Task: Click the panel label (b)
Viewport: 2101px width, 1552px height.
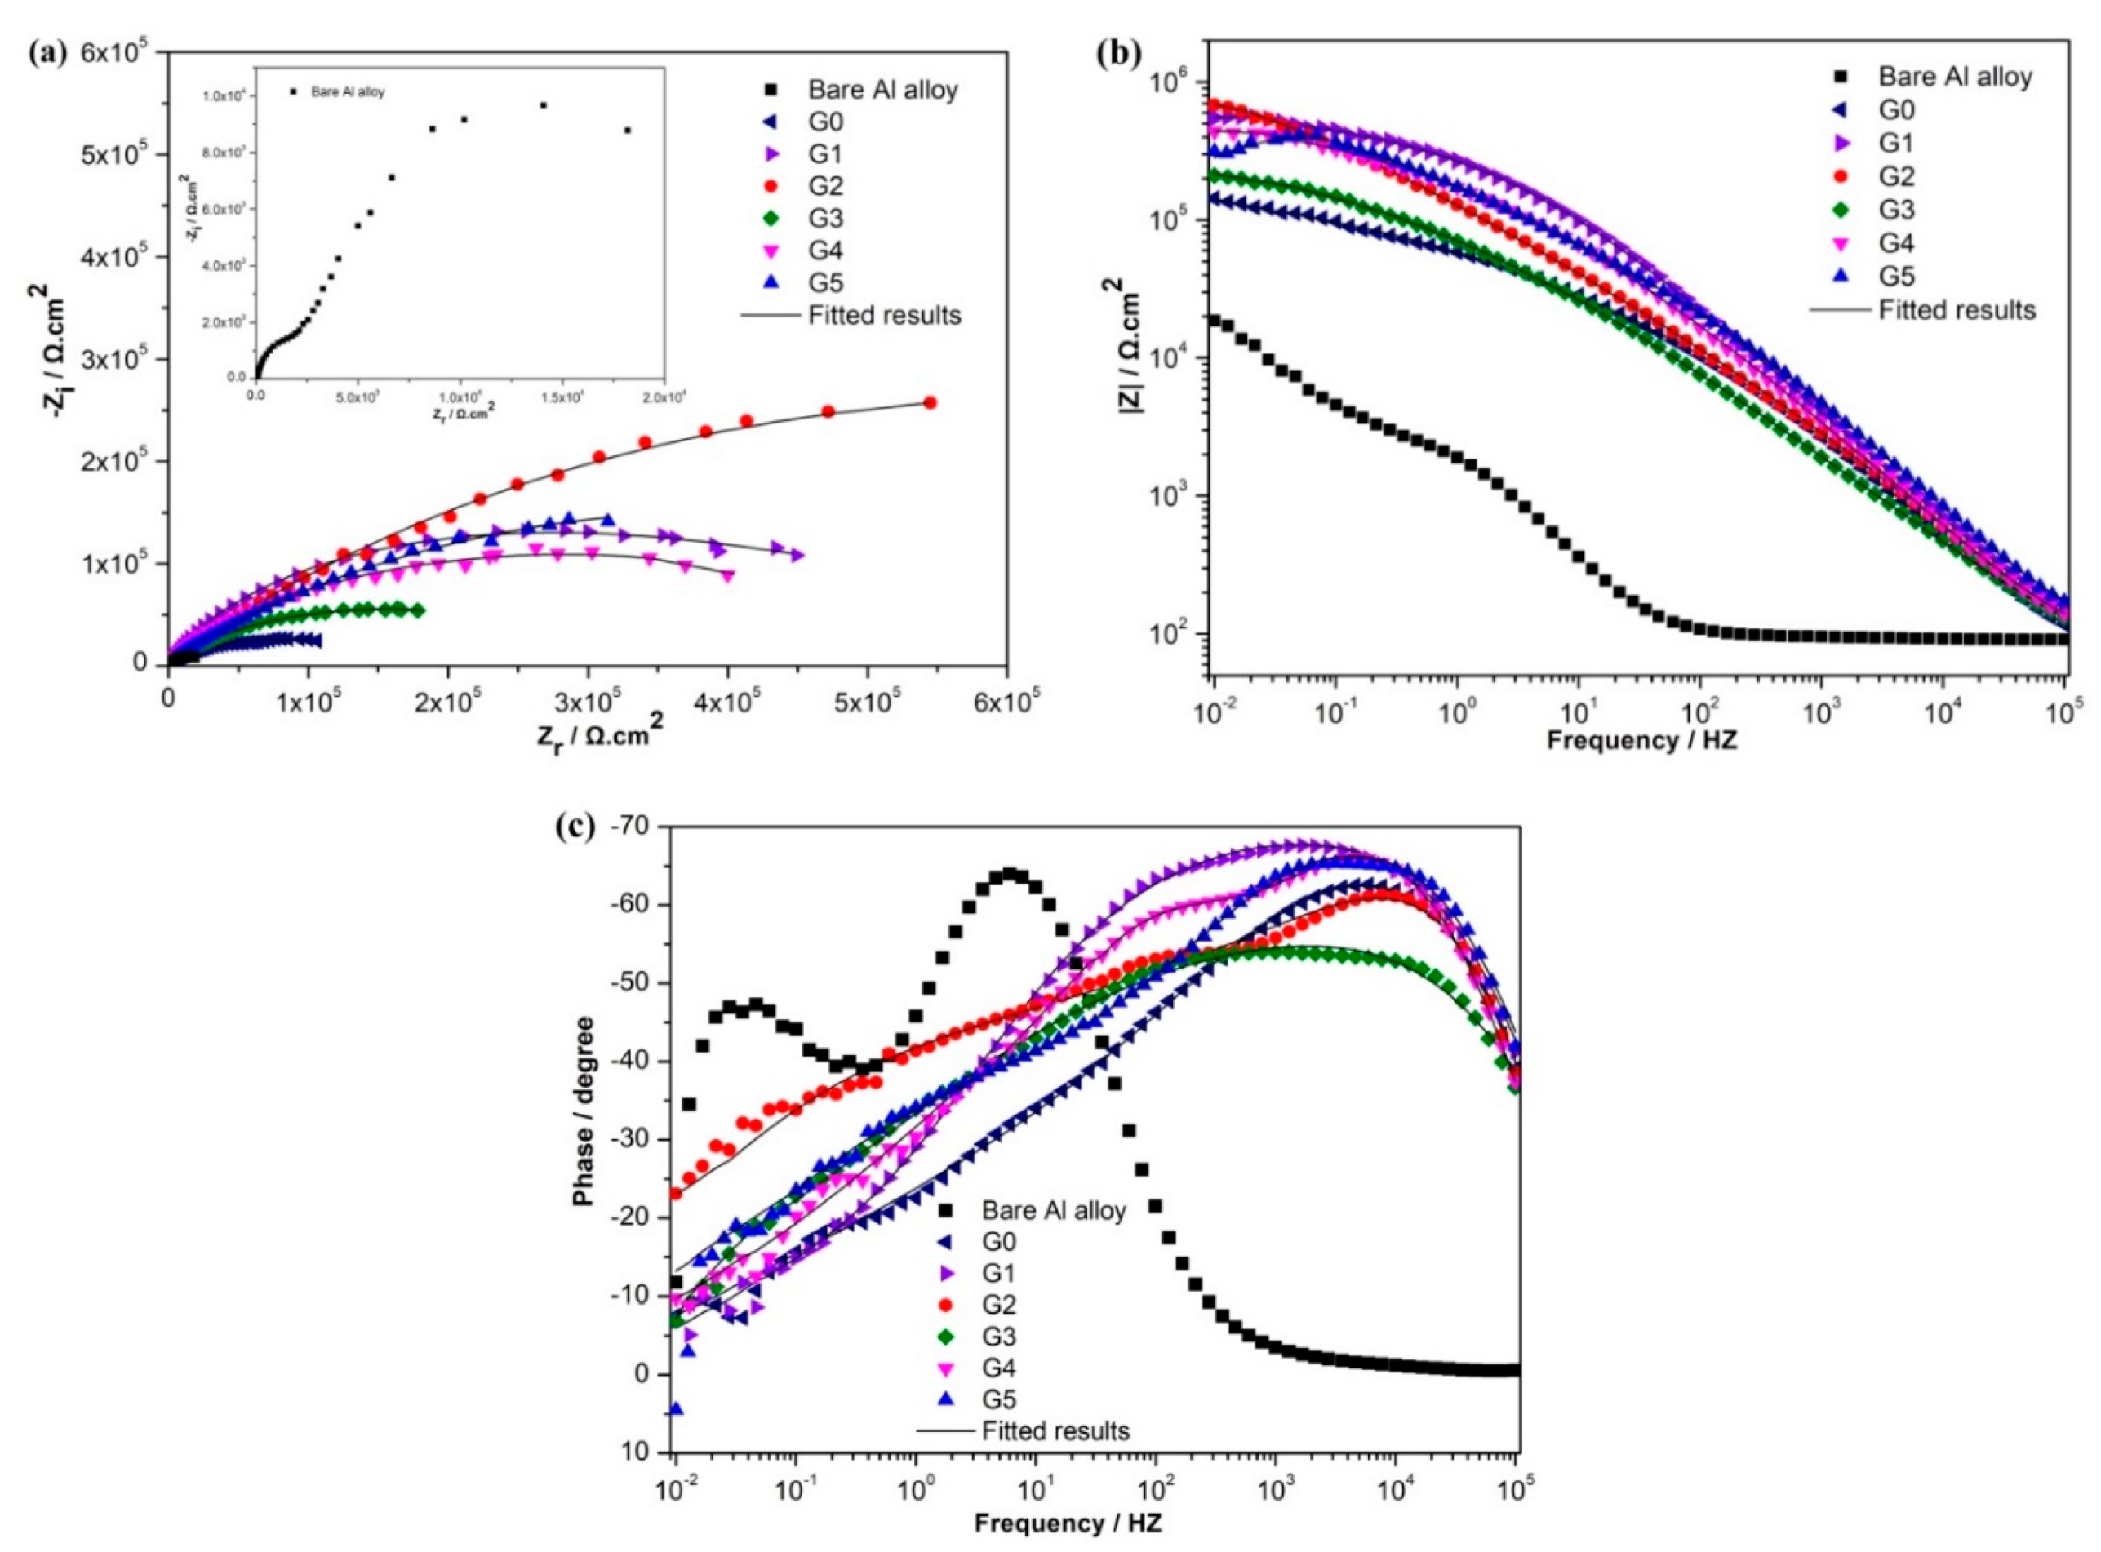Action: click(x=1117, y=54)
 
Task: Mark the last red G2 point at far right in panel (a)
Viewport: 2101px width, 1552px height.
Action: click(x=931, y=403)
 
